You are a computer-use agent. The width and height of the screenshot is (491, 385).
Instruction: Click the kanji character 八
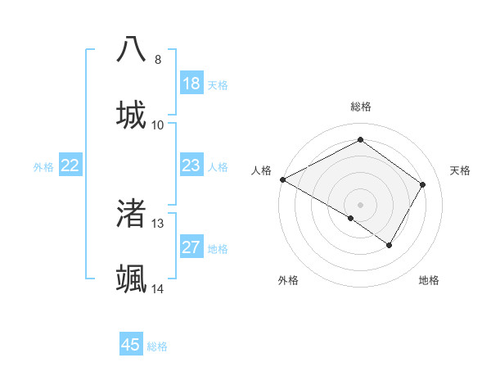[x=132, y=50]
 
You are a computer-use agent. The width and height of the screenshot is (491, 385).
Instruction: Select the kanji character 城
[x=132, y=115]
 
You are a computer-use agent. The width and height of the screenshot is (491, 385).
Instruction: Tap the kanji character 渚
[x=132, y=214]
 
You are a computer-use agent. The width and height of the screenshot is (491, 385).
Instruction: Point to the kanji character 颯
[x=132, y=279]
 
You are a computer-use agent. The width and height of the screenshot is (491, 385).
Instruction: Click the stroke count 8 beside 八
[x=158, y=60]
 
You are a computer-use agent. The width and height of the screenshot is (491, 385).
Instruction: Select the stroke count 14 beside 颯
[x=158, y=289]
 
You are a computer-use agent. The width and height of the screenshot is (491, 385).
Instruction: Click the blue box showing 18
[x=191, y=84]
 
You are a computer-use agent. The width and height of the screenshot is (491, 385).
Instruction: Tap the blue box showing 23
[x=191, y=165]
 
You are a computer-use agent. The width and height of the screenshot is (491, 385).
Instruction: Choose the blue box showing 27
[x=191, y=247]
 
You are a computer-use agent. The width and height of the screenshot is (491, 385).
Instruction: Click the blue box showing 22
[x=70, y=165]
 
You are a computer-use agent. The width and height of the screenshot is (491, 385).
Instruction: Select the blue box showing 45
[x=131, y=345]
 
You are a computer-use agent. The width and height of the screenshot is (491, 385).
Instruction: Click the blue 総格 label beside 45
[x=157, y=346]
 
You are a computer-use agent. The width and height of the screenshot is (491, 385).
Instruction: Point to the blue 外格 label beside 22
[x=43, y=167]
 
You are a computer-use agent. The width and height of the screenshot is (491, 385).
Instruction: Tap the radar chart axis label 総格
[x=361, y=106]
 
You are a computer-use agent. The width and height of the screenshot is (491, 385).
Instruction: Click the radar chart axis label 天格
[x=461, y=170]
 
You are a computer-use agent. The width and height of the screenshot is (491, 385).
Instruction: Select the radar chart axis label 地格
[x=429, y=280]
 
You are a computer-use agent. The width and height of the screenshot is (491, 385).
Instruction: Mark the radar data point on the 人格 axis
[x=282, y=179]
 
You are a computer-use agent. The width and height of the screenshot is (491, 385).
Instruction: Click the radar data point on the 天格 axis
[x=423, y=184]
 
